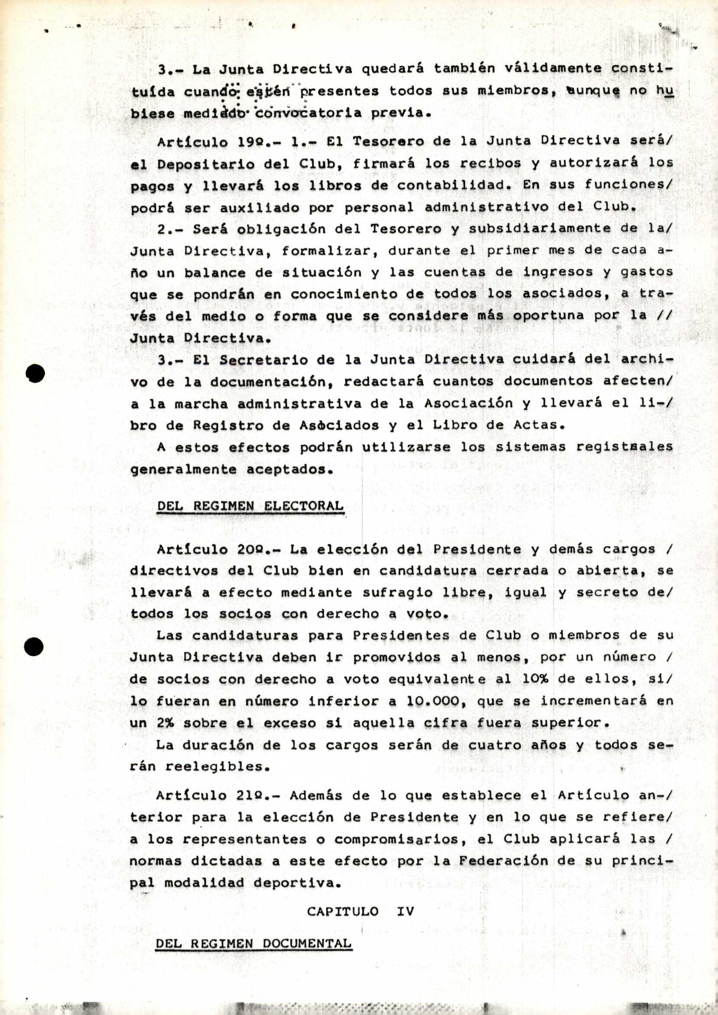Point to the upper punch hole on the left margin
pyautogui.click(x=35, y=374)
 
